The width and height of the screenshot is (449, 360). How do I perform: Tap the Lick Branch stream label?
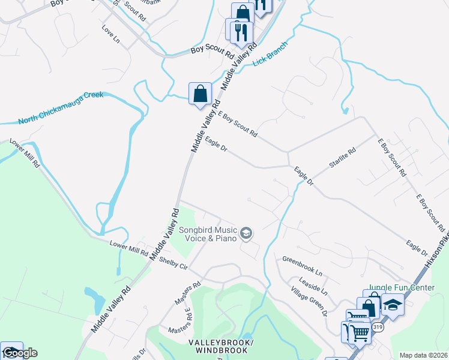click(270, 53)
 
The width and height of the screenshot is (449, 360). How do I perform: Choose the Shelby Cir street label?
click(173, 264)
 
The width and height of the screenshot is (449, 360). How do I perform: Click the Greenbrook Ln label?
click(302, 266)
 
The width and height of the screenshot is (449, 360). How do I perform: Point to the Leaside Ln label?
click(315, 286)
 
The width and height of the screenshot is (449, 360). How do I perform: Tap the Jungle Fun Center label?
click(401, 288)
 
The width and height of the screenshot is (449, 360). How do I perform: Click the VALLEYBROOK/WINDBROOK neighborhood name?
click(221, 346)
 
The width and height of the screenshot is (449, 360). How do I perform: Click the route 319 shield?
click(378, 327)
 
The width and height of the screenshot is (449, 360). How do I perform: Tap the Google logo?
click(19, 353)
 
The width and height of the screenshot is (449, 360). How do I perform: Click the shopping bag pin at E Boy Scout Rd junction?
click(200, 94)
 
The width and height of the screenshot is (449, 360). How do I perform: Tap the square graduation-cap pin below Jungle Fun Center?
click(393, 305)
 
